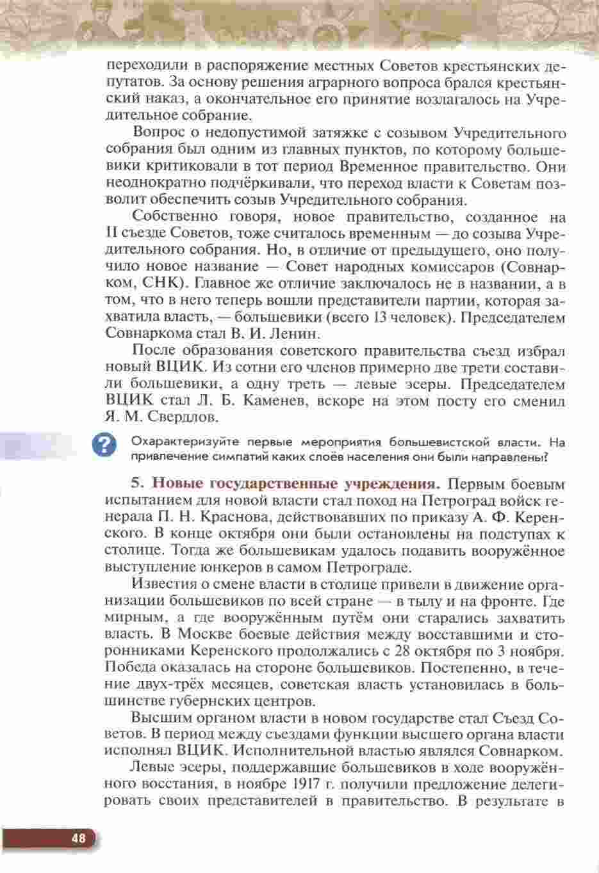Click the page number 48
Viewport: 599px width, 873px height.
(x=78, y=839)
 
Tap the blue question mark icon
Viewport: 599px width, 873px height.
(x=104, y=446)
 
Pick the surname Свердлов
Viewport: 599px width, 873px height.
(x=183, y=418)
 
